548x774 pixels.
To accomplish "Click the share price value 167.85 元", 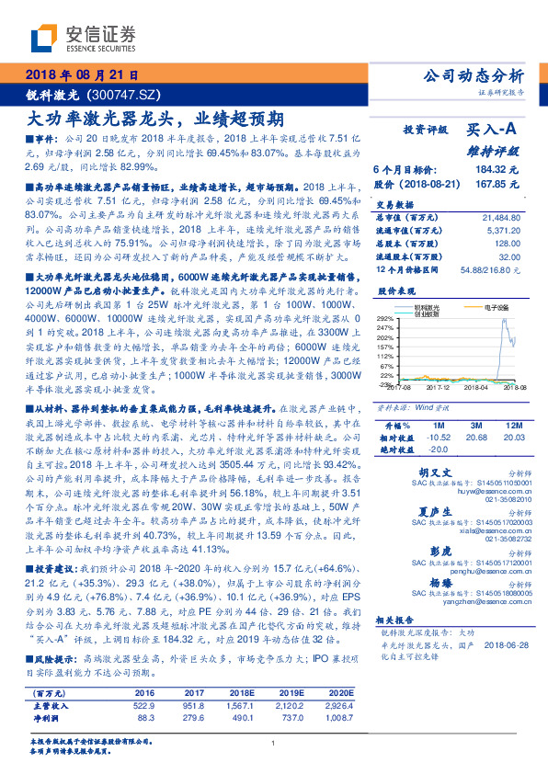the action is (494, 183).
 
